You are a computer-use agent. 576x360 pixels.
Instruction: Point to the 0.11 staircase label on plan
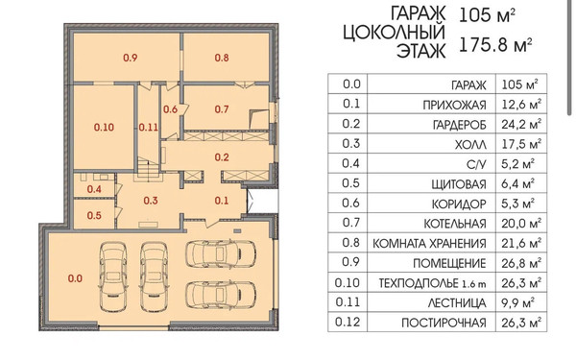148,126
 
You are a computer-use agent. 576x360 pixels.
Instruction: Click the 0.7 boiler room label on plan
221,109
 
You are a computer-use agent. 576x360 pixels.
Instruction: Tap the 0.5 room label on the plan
94,215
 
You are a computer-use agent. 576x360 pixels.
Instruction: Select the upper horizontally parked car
221,253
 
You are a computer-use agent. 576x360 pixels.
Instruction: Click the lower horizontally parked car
221,293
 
